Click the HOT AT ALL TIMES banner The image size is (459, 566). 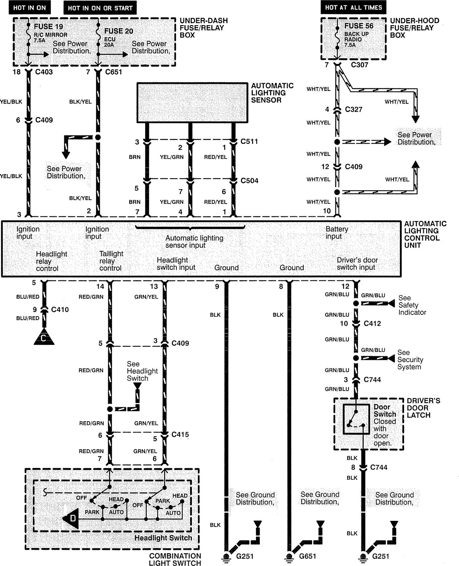coord(353,7)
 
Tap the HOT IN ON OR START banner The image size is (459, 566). coord(100,8)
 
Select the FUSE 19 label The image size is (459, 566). coord(48,26)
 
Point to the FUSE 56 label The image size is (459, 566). coord(359,26)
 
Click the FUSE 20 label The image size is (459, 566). coord(119,31)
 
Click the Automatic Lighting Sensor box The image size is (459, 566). coord(192,103)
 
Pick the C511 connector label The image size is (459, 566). coord(249,141)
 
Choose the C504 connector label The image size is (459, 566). coord(249,181)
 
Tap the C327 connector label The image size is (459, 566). coord(354,109)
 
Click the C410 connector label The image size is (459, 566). coord(60,310)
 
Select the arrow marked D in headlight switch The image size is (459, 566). coord(71,519)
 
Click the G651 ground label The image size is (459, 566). coord(308,556)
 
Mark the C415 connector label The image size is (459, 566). coord(180,434)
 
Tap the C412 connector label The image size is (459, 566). coord(372,323)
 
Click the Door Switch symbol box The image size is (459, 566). coord(356,419)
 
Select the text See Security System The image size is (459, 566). coord(410,360)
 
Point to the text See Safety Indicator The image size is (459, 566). coord(412,305)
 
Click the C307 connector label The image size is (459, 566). coord(360,65)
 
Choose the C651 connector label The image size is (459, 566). coord(114,72)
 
